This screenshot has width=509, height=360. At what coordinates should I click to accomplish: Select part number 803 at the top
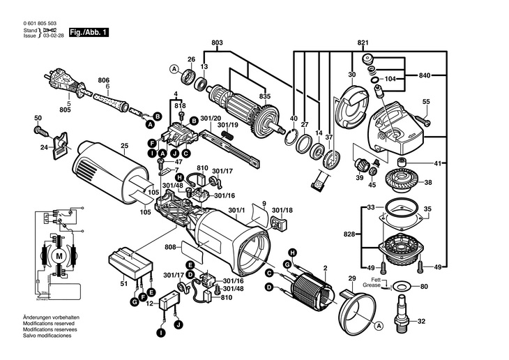pyautogui.click(x=217, y=44)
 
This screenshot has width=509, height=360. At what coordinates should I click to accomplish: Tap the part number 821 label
pyautogui.click(x=363, y=43)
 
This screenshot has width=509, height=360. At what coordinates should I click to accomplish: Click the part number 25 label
pyautogui.click(x=124, y=146)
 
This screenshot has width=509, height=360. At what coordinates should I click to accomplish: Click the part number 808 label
pyautogui.click(x=169, y=246)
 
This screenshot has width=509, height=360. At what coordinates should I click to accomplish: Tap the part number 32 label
pyautogui.click(x=420, y=321)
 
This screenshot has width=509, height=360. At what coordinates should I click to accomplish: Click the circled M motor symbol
pyautogui.click(x=58, y=256)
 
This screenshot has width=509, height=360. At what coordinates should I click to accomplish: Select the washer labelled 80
pyautogui.click(x=400, y=286)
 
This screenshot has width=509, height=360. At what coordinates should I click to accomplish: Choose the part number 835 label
pyautogui.click(x=265, y=96)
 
